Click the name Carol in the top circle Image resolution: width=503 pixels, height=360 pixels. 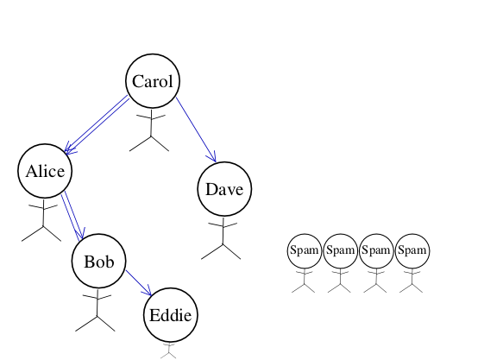click(x=153, y=81)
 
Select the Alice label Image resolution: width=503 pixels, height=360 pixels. click(x=45, y=171)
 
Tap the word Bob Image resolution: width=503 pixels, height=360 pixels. click(x=99, y=262)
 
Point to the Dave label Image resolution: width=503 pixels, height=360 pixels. click(x=224, y=189)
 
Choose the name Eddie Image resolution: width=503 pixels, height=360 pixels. click(x=170, y=315)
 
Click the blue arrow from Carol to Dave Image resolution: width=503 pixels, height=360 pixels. click(x=196, y=129)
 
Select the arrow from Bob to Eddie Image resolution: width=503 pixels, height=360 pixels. click(x=138, y=282)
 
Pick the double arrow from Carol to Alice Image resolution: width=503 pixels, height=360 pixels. click(x=97, y=124)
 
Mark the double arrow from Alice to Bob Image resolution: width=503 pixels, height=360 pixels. click(x=72, y=216)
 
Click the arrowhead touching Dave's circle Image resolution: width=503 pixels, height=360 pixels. click(x=212, y=157)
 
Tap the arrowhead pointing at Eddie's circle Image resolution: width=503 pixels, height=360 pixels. click(x=148, y=291)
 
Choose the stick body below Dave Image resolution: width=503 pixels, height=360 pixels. click(x=223, y=239)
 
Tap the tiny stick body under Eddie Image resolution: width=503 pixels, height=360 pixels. click(x=168, y=351)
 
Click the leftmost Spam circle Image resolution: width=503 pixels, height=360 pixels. click(x=305, y=251)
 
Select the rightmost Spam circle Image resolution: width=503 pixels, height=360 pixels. click(x=412, y=251)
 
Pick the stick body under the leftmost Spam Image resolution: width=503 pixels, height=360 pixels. click(x=304, y=281)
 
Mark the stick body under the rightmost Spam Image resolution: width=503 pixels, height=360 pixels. click(x=412, y=281)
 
